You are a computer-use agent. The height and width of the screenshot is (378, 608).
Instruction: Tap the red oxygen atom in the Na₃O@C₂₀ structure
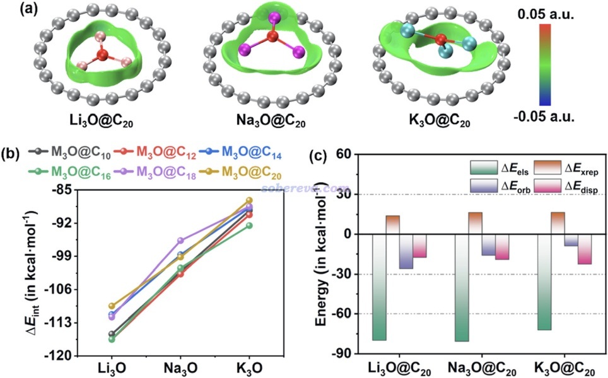tap(272, 37)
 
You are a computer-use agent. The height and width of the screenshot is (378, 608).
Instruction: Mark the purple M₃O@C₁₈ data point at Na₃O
tap(181, 241)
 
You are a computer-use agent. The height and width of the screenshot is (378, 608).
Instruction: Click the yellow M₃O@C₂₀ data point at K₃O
tap(248, 200)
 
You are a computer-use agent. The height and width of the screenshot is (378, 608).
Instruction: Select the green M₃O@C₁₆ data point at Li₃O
tap(112, 339)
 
